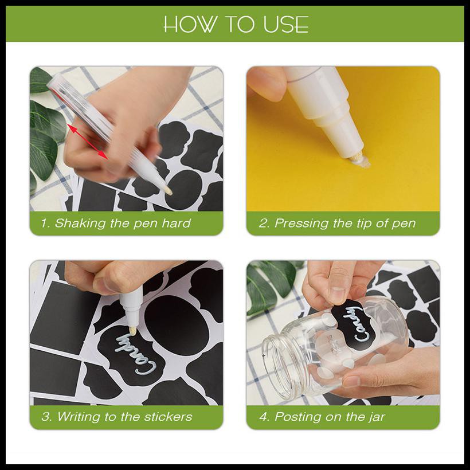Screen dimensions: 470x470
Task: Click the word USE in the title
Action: (286, 24)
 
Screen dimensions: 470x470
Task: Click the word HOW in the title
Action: (190, 24)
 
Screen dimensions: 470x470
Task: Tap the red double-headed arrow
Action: (87, 141)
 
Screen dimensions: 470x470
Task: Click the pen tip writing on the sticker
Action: (132, 331)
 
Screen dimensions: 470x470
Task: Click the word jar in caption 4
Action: (377, 417)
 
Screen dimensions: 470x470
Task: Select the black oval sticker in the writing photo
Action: (177, 325)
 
